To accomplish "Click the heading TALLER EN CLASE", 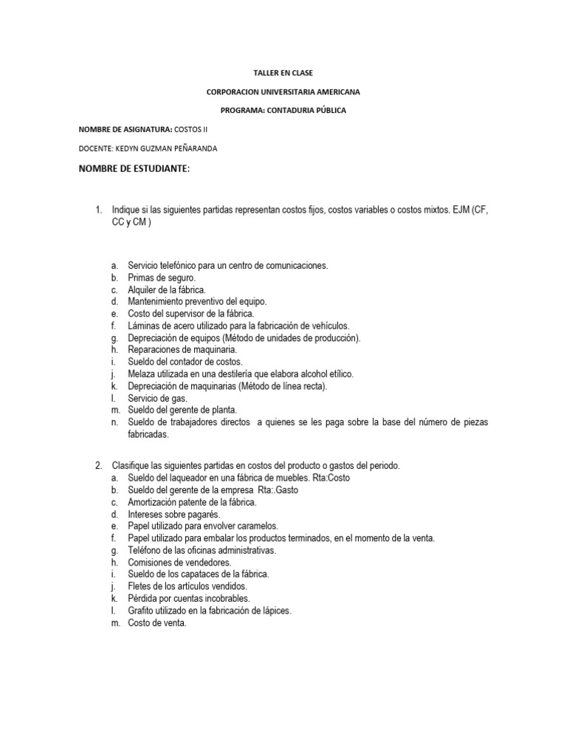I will point(283,73).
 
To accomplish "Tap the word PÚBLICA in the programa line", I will point(327,110).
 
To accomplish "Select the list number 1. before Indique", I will point(97,210).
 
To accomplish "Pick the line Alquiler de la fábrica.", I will point(167,289).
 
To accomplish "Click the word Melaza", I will point(142,374).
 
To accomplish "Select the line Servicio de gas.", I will point(158,398).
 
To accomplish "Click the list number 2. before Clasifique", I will point(97,466).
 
